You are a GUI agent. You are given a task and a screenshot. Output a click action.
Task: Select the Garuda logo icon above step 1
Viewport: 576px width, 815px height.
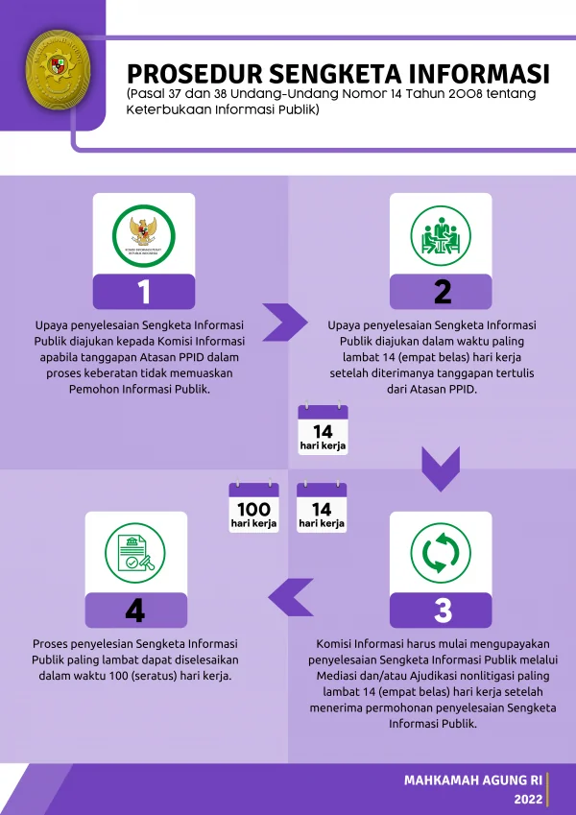pos(143,235)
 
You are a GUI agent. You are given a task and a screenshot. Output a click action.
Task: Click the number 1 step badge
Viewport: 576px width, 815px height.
pos(144,292)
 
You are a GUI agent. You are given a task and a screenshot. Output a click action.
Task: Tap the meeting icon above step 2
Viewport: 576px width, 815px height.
pos(441,235)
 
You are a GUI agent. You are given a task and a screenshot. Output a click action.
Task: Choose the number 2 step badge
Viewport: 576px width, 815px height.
pos(441,292)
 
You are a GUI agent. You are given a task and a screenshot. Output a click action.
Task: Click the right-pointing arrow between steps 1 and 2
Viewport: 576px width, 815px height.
pos(285,323)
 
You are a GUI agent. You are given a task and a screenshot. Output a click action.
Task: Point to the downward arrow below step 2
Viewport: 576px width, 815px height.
pos(441,468)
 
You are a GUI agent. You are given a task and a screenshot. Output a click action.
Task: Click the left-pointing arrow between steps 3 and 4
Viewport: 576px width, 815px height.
pos(291,597)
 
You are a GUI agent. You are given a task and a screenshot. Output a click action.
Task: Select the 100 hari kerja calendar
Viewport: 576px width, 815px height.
pos(253,507)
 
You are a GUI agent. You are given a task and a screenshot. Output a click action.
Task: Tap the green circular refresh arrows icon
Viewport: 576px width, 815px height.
pos(441,553)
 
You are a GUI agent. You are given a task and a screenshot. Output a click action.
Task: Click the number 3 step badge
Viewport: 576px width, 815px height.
pos(441,610)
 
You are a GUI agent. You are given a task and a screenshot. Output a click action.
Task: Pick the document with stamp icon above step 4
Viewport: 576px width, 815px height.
pos(135,553)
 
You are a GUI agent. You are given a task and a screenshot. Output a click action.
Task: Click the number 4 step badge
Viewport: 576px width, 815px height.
pos(135,610)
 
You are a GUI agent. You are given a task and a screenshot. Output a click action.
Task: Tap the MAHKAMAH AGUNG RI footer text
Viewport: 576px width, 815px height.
pos(473,780)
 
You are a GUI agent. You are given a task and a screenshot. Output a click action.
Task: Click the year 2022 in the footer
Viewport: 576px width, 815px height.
pos(528,800)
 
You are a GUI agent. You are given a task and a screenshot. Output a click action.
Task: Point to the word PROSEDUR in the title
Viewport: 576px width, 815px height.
pos(195,74)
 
